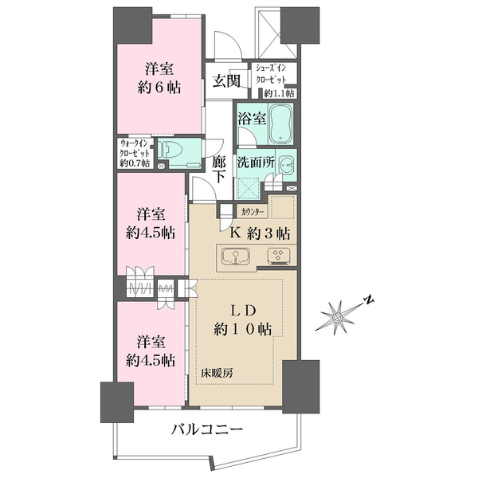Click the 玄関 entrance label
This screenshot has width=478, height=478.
pyautogui.click(x=221, y=81)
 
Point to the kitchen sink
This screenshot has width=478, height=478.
pyautogui.click(x=237, y=257)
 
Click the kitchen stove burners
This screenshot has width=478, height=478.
pyautogui.click(x=280, y=257)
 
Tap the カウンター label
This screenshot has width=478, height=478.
pyautogui.click(x=253, y=212)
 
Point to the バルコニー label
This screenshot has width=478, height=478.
pyautogui.click(x=206, y=430)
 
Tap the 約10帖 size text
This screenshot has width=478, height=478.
pyautogui.click(x=238, y=329)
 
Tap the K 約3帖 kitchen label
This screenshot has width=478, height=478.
pyautogui.click(x=260, y=233)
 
